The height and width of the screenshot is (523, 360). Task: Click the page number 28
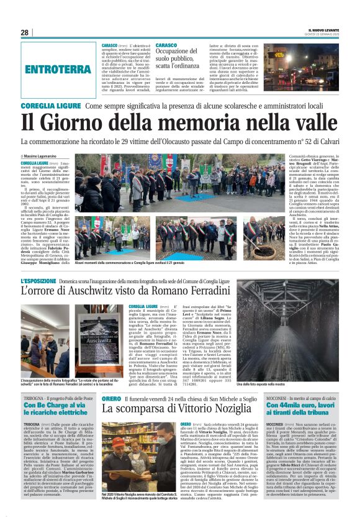point(24,32)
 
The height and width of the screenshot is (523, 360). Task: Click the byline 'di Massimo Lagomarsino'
point(46,155)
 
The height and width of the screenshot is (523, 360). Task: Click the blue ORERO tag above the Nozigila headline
point(112,398)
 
